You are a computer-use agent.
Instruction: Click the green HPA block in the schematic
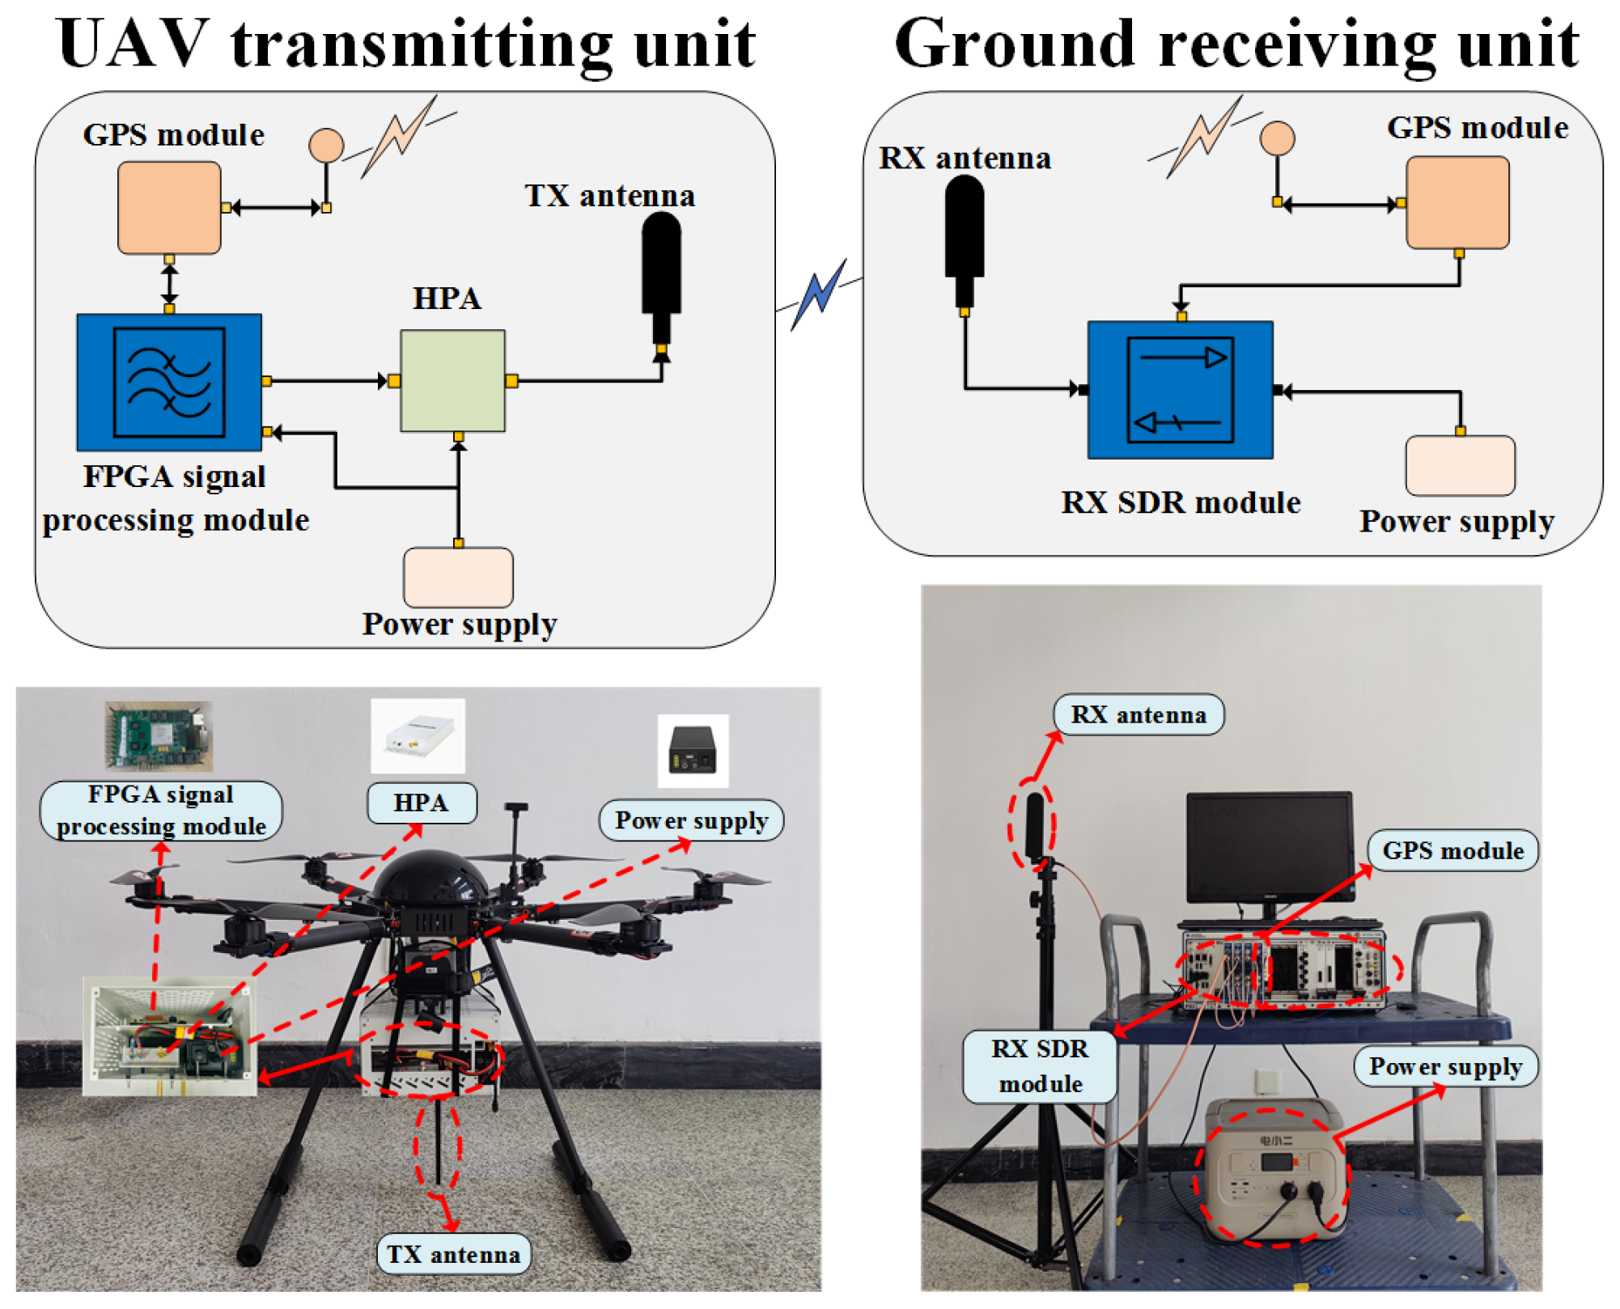(452, 380)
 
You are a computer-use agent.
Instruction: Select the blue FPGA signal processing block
(169, 382)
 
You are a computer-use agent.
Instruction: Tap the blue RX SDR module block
(1179, 390)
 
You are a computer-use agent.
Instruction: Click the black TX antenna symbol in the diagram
(661, 267)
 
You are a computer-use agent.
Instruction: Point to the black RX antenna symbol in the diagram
(964, 231)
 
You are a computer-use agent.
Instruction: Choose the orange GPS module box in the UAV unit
(169, 208)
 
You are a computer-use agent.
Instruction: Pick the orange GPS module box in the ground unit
(1457, 202)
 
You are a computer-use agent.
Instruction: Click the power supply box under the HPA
(458, 578)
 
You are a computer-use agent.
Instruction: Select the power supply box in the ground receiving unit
(1459, 465)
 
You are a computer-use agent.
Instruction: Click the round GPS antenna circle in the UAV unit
(326, 146)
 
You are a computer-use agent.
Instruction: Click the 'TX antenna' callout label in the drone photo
(453, 1254)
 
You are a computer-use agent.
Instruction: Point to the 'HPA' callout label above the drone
(422, 803)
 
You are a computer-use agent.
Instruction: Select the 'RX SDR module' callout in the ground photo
(1040, 1065)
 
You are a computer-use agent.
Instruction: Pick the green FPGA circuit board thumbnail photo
(159, 735)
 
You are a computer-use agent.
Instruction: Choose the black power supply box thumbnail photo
(693, 750)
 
